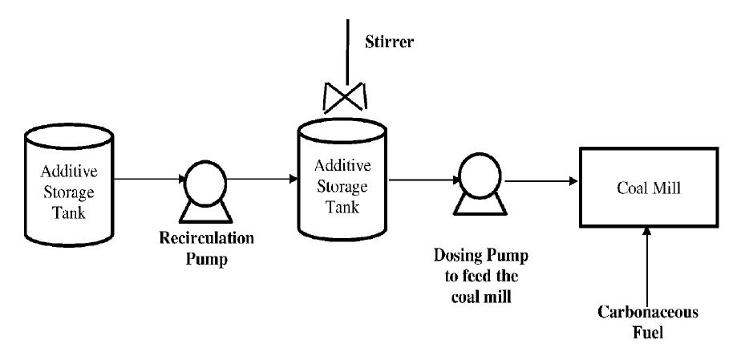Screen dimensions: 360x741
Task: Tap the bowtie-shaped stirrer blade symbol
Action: (x=345, y=98)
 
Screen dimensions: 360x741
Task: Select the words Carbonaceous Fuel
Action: (x=647, y=322)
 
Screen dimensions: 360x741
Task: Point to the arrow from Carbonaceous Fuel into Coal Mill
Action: (x=647, y=265)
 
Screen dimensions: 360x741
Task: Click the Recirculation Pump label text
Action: (x=207, y=249)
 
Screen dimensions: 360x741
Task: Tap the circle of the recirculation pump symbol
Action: (x=200, y=180)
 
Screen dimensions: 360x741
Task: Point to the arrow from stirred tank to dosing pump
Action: (x=419, y=179)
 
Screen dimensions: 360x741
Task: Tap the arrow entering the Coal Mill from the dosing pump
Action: (x=541, y=179)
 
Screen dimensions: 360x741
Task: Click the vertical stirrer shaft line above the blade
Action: (x=346, y=48)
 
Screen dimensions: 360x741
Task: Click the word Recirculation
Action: (x=207, y=239)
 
